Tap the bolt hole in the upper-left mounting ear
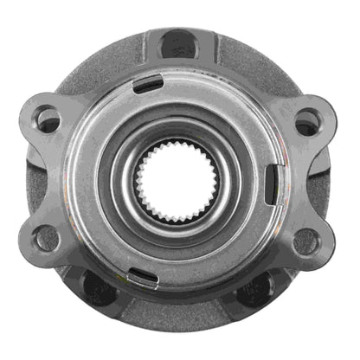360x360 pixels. point(49,122)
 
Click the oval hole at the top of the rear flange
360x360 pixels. point(178,44)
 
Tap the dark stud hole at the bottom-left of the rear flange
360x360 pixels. point(97,290)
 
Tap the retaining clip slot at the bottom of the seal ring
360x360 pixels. point(143,277)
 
